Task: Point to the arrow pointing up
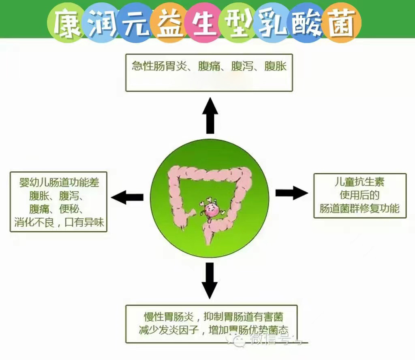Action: (x=210, y=115)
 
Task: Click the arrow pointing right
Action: (x=291, y=192)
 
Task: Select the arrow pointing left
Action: (x=127, y=197)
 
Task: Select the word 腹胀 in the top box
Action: (x=276, y=66)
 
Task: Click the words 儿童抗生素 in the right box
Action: (x=359, y=182)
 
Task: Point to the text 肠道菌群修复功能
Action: (x=359, y=209)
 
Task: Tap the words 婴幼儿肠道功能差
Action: (x=59, y=183)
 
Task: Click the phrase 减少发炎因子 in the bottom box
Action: (x=168, y=329)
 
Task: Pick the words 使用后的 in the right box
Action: (x=359, y=195)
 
